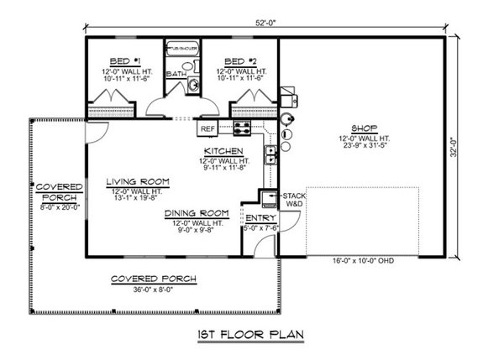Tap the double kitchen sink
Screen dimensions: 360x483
272,154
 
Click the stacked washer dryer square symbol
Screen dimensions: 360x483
269,199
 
